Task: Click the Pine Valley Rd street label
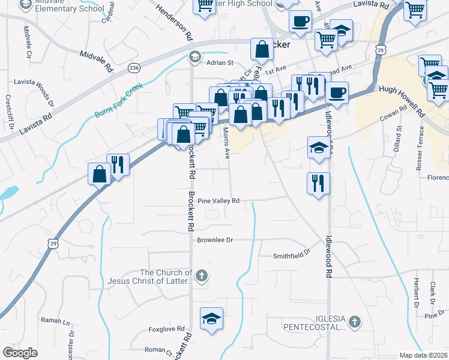(218, 201)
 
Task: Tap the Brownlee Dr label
(214, 240)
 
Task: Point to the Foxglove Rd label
(166, 329)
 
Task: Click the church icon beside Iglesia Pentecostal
(355, 322)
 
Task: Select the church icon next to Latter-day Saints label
(202, 276)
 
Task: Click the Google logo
(20, 353)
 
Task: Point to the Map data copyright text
(424, 355)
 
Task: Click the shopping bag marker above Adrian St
(262, 49)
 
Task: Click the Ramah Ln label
(55, 321)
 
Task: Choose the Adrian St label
(219, 62)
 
